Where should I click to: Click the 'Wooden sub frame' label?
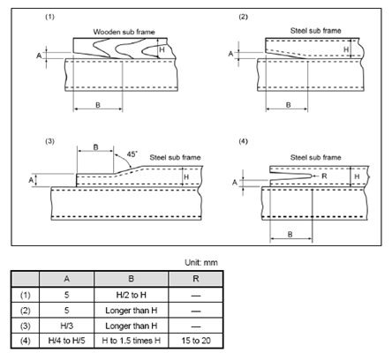(x=124, y=32)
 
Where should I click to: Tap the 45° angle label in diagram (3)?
(x=132, y=154)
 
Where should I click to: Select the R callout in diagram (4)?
(x=324, y=176)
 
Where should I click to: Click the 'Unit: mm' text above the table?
(x=201, y=262)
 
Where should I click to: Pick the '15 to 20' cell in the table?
(x=196, y=341)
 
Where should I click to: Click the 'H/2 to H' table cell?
(x=132, y=295)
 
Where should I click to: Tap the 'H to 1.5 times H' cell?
(x=132, y=341)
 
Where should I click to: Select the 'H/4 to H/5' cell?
(x=66, y=341)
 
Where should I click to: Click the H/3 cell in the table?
(x=66, y=326)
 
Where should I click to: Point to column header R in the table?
(x=196, y=279)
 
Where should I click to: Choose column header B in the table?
(x=132, y=279)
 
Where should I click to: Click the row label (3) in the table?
(x=25, y=326)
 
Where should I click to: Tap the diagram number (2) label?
(x=243, y=17)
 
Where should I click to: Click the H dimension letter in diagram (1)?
(x=162, y=49)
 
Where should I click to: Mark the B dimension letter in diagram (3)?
(x=95, y=147)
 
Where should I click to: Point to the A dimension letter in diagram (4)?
(x=235, y=183)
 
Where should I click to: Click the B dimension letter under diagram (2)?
(x=289, y=105)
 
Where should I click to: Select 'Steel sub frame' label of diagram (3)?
(x=175, y=157)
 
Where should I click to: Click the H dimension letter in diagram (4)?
(x=357, y=176)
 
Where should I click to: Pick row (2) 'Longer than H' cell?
(x=132, y=311)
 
